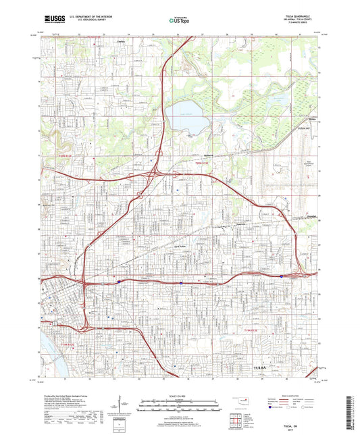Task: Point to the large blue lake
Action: pos(188,117)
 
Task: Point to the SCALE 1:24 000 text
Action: pos(180,396)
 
